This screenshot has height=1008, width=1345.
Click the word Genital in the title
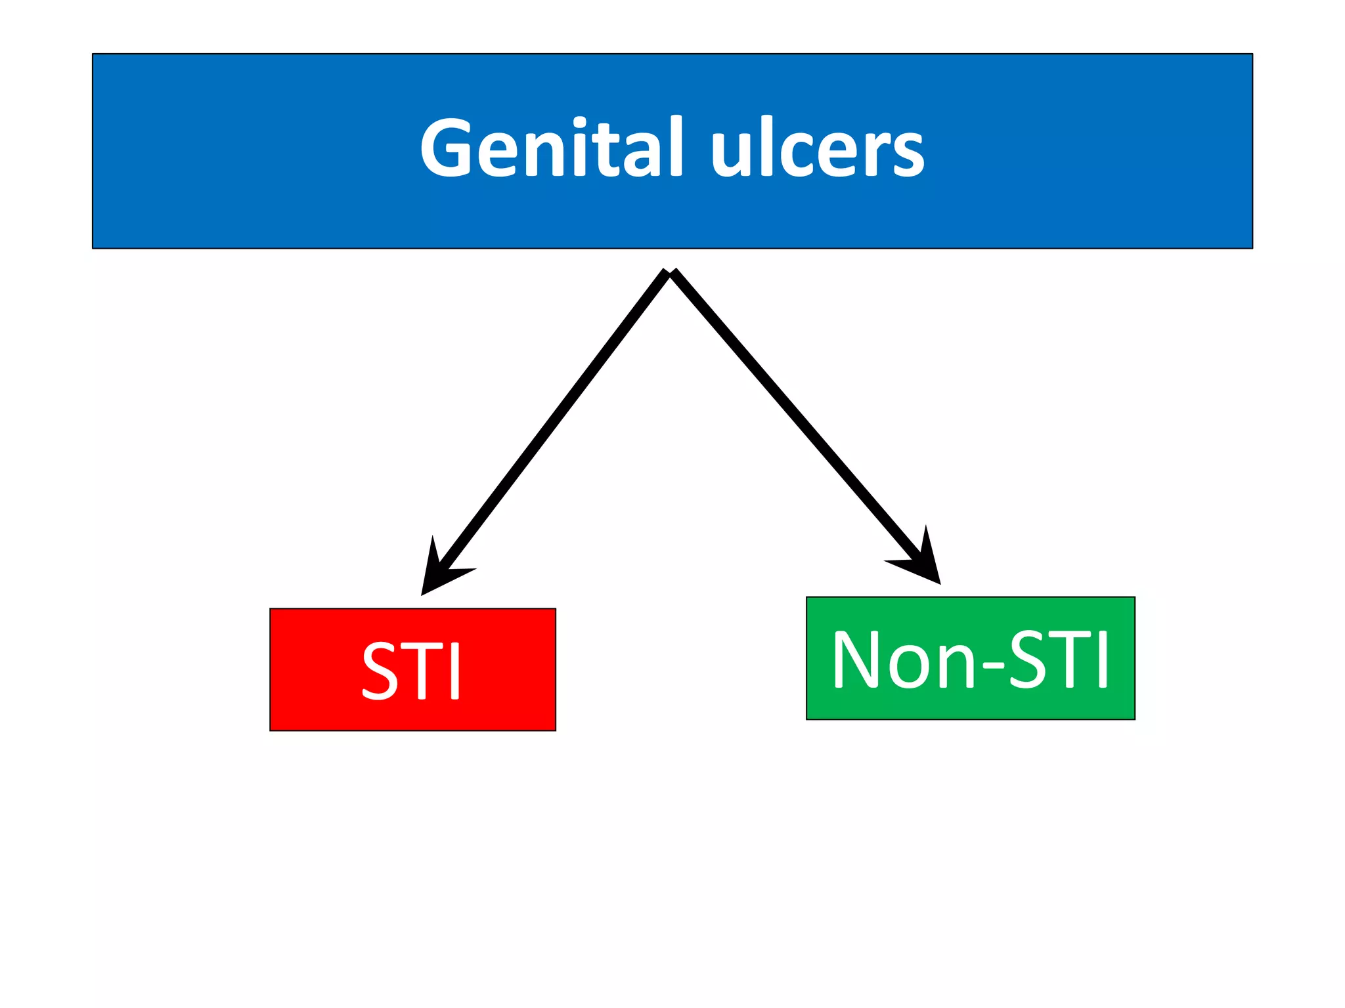click(552, 148)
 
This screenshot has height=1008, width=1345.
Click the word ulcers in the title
click(818, 148)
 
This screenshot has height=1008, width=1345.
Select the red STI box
click(412, 669)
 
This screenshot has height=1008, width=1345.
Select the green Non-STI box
click(970, 658)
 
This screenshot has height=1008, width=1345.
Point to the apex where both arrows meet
click(671, 272)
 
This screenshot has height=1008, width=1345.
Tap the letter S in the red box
click(380, 671)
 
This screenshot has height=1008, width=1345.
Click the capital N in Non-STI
click(856, 659)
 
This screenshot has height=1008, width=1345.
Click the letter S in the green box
click(1028, 659)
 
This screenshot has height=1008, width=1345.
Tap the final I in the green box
click(1103, 659)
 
